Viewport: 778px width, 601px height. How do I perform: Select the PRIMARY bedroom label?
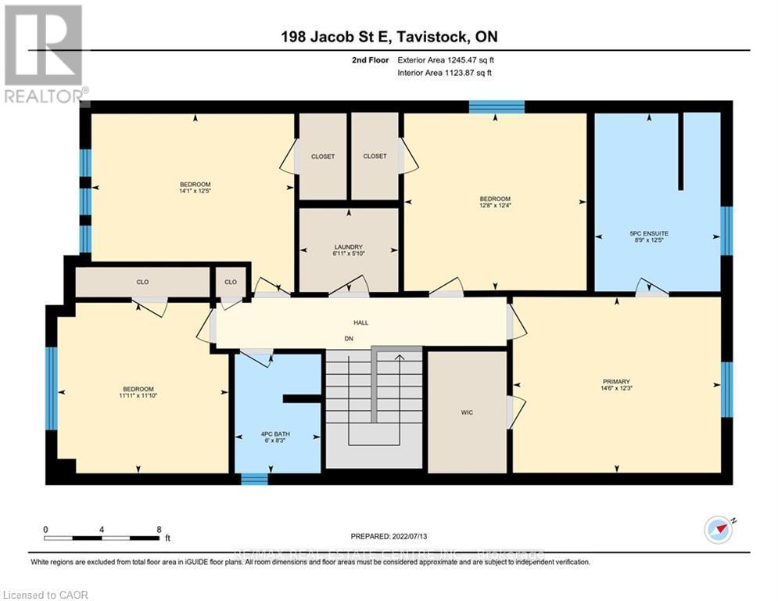(x=616, y=382)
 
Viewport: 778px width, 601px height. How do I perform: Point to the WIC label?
(x=467, y=412)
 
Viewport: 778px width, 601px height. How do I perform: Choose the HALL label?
(x=360, y=322)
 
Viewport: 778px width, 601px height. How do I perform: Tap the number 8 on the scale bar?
(x=159, y=529)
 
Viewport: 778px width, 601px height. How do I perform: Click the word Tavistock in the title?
(x=432, y=37)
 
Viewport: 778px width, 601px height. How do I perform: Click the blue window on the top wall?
(x=496, y=106)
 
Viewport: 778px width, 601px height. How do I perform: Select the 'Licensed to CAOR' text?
(x=47, y=595)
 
